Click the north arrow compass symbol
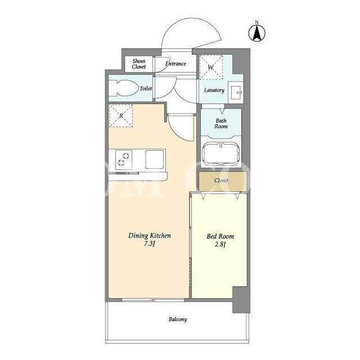point(257,33)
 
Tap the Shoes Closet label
point(139,64)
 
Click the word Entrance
point(175,64)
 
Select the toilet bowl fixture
point(124,88)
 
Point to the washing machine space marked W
point(211,67)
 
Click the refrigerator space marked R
point(121,116)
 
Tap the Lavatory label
point(214,90)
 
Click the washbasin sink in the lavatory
point(236,92)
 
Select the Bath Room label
point(221,124)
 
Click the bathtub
point(220,154)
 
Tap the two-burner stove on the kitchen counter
point(124,160)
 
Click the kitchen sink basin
point(155,159)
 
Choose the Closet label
point(221,181)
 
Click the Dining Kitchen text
point(150,236)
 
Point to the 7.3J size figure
point(150,244)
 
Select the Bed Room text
point(220,236)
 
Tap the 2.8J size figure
point(220,244)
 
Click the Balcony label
point(178,319)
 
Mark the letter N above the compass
point(257,22)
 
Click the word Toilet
point(146,88)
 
